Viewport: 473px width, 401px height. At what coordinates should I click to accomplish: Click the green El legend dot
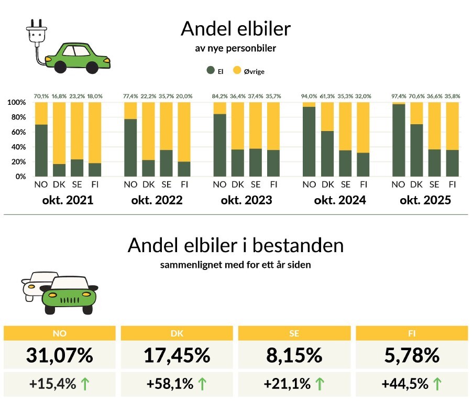[x=211, y=71]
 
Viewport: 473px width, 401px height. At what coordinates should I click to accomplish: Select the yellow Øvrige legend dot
[x=236, y=71]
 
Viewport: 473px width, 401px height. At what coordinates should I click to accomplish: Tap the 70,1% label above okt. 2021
[x=41, y=96]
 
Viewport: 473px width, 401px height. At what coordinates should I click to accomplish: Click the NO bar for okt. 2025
[x=399, y=139]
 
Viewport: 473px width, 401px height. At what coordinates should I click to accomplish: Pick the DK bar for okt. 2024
[x=327, y=139]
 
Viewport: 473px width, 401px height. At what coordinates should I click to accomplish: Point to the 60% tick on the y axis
[x=17, y=132]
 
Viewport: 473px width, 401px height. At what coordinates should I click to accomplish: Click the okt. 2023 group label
[x=246, y=200]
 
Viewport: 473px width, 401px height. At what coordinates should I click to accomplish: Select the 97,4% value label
[x=399, y=96]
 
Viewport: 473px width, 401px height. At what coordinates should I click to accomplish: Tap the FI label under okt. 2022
[x=184, y=185]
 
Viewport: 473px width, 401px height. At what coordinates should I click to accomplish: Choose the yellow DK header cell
[x=177, y=332]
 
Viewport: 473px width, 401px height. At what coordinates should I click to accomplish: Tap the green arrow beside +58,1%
[x=202, y=384]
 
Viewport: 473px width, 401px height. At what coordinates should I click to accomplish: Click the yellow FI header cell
[x=411, y=332]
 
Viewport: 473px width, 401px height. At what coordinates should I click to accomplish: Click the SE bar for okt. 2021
[x=77, y=139]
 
